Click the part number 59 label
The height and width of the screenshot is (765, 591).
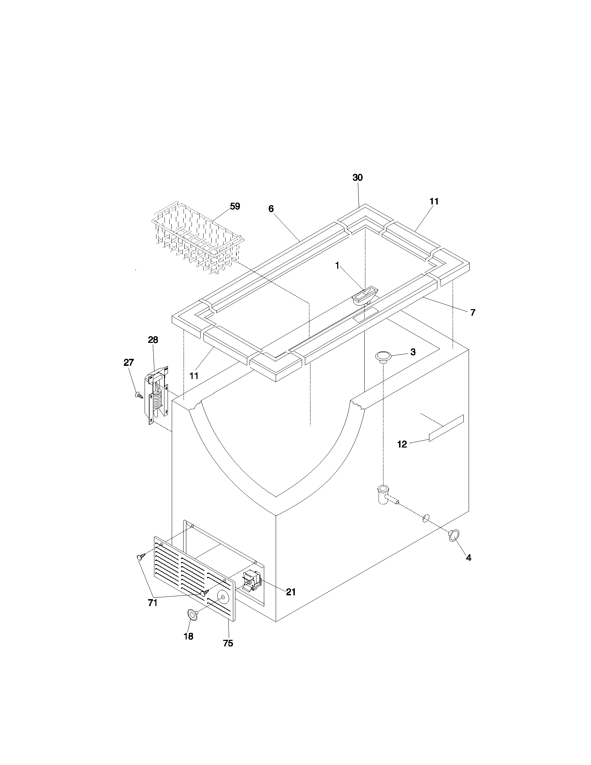(x=235, y=206)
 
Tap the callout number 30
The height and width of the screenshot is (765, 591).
(x=357, y=178)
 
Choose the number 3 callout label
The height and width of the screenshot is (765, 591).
(x=413, y=352)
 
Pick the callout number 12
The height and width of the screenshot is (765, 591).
(x=402, y=444)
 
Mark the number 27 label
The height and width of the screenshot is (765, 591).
(x=129, y=363)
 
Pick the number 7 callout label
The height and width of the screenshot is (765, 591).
(x=473, y=313)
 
